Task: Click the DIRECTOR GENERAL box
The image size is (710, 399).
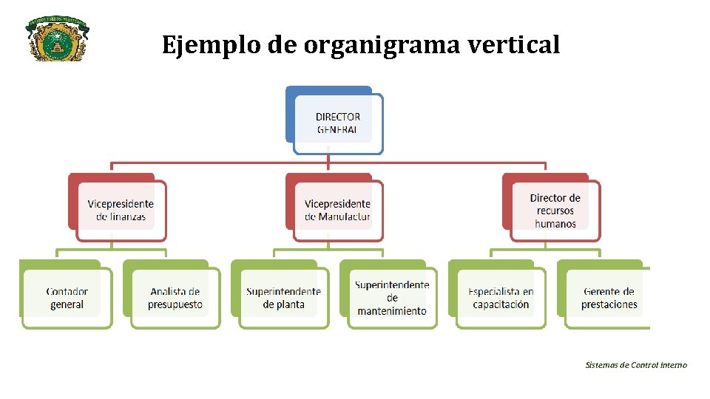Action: tap(337, 123)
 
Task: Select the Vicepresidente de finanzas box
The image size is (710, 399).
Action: tap(121, 211)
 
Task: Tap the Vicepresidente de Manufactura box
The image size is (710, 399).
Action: tap(337, 211)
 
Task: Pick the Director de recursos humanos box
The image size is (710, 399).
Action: tap(555, 211)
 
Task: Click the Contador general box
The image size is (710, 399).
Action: tap(67, 298)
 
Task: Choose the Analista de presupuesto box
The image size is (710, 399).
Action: tap(175, 298)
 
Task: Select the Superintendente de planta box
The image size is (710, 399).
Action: tap(283, 298)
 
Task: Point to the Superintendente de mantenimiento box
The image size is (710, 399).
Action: tap(391, 298)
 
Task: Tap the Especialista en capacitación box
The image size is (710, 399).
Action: tap(501, 298)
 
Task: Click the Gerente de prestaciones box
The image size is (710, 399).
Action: tap(609, 298)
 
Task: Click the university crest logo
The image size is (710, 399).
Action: tap(57, 39)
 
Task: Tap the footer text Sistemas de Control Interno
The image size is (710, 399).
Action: tap(635, 365)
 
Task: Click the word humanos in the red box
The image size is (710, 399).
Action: tap(555, 224)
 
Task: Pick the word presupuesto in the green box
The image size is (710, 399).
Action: tap(175, 304)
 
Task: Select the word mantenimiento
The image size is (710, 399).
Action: tap(392, 311)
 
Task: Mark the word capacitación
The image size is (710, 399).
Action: tap(501, 304)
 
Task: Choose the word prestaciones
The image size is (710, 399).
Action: tap(609, 304)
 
